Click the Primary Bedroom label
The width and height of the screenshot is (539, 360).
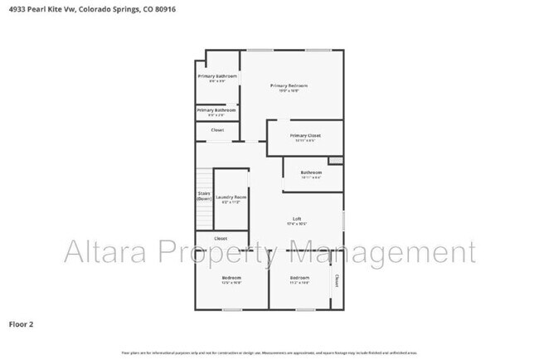tap(289, 86)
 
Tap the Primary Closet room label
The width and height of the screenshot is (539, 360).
tap(305, 136)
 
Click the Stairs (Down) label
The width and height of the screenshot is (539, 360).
tap(204, 197)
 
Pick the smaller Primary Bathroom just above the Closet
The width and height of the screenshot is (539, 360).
tap(216, 110)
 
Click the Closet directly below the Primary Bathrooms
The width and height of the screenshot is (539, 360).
tap(217, 130)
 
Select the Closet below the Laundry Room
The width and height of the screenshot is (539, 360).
tap(221, 238)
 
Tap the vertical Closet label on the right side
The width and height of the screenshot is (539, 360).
tap(337, 280)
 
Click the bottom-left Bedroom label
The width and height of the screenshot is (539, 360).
tap(231, 278)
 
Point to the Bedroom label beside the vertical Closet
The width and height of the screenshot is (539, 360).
tap(299, 278)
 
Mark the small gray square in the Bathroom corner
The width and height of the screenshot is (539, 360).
tap(335, 160)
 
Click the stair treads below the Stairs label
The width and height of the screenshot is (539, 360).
tap(204, 216)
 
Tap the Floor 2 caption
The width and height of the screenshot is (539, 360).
tap(21, 324)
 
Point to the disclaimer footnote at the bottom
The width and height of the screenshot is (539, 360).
tap(269, 352)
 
